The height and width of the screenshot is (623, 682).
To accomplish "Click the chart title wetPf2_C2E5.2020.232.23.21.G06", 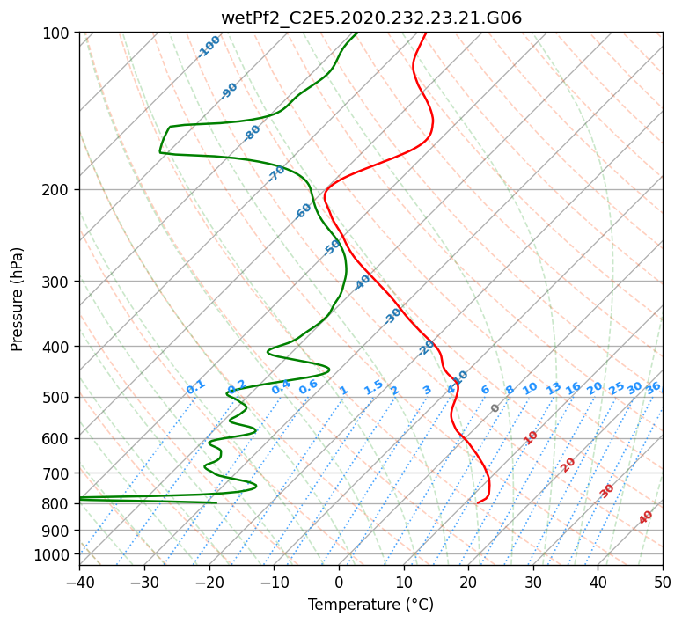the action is click(x=371, y=18).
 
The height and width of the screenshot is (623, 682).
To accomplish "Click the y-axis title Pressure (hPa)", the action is click(x=17, y=299).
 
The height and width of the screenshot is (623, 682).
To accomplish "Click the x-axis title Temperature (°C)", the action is click(x=371, y=605).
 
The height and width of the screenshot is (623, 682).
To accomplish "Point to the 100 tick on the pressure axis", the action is click(x=58, y=33).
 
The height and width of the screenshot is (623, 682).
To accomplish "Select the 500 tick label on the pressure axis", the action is click(x=58, y=398).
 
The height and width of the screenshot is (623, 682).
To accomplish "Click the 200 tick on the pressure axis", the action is click(x=58, y=190).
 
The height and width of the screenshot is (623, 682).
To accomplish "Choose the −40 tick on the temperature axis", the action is click(x=79, y=582).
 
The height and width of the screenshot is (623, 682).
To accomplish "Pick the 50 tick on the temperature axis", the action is click(x=663, y=582).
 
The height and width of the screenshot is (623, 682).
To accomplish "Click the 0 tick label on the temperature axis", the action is click(x=339, y=582).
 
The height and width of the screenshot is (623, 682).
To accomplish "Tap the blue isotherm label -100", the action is click(x=209, y=47).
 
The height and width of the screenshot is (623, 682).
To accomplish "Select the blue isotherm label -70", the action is click(x=275, y=173).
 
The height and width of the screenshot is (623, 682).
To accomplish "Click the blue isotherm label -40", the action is click(x=362, y=282).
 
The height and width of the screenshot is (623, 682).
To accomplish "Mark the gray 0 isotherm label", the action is click(x=495, y=408).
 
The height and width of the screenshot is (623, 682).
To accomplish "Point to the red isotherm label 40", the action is click(x=645, y=517).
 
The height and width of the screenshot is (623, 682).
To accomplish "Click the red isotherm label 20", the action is click(x=568, y=465).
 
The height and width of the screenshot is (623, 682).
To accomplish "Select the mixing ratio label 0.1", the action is click(x=195, y=387).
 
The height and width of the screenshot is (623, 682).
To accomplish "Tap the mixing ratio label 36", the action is click(x=653, y=388).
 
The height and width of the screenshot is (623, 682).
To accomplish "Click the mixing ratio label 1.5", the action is click(x=374, y=387).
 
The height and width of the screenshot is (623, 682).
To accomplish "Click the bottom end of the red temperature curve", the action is click(x=478, y=503).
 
